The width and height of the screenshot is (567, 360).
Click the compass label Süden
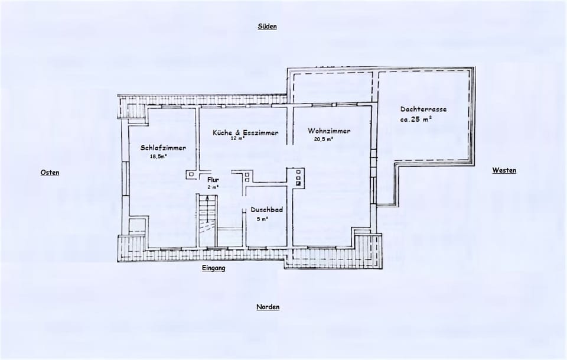click(268, 27)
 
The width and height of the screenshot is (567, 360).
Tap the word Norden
click(268, 307)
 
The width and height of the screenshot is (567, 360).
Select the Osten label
click(50, 173)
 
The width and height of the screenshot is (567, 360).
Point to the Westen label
click(504, 170)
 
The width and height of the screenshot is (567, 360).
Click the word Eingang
click(213, 268)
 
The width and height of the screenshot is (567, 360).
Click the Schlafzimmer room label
click(164, 147)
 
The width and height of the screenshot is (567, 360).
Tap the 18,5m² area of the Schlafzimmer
click(159, 157)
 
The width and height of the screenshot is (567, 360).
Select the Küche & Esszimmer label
click(245, 132)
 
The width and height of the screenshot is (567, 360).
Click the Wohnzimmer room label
click(329, 131)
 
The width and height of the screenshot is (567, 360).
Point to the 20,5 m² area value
click(324, 140)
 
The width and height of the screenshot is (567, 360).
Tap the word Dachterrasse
click(423, 109)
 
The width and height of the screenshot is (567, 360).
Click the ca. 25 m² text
click(416, 119)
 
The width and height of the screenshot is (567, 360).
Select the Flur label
click(213, 179)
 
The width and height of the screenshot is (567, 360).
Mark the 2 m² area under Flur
click(213, 187)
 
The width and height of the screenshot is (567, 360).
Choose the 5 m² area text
click(262, 219)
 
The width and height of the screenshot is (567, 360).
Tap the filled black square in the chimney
click(299, 183)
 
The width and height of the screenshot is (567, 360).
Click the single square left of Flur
click(191, 174)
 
